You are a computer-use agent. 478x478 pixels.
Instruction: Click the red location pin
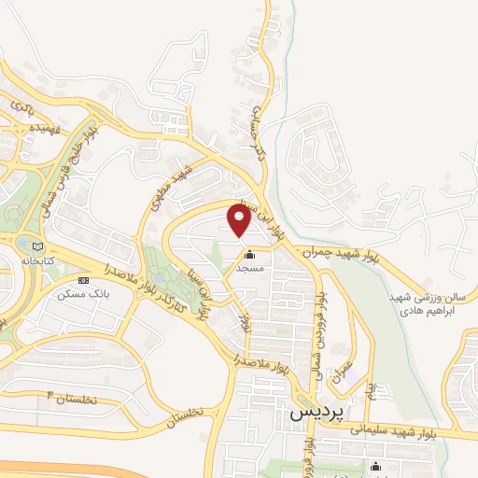coord(239,221)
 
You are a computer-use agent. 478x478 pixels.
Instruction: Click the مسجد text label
coord(248,268)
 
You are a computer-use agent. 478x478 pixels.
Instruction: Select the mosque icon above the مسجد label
coord(248,255)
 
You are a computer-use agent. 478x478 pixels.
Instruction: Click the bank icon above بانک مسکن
coord(83,280)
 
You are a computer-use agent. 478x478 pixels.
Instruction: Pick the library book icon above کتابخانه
coord(22,245)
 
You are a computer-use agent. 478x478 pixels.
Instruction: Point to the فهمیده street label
coord(44,126)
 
